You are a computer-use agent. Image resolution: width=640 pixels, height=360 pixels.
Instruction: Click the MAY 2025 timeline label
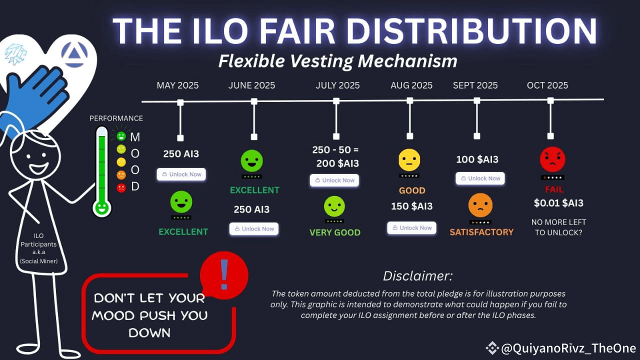point(177,85)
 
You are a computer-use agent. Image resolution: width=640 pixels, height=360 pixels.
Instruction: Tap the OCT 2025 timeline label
point(547,85)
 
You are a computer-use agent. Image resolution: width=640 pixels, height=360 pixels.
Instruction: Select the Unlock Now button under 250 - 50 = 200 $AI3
point(334,180)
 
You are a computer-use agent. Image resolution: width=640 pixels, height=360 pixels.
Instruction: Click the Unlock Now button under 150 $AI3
point(411,228)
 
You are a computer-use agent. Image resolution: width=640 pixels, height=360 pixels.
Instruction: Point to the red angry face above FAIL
point(552,159)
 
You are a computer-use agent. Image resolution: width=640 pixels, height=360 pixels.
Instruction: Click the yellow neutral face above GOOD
point(409,160)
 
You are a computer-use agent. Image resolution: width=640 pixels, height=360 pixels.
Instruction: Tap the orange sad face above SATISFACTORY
point(480,205)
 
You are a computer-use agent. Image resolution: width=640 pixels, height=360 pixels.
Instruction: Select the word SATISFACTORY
point(481,232)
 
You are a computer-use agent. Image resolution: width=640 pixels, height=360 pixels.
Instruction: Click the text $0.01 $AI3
point(558,203)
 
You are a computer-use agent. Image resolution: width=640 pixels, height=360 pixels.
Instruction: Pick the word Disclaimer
point(417,276)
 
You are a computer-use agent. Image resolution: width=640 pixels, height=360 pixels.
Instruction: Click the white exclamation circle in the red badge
point(224,274)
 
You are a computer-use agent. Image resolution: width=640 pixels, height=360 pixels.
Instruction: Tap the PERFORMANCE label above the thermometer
point(116,118)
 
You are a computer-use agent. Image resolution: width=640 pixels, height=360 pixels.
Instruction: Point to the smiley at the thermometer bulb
point(102,207)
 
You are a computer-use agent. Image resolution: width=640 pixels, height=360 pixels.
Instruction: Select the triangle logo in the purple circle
point(74,54)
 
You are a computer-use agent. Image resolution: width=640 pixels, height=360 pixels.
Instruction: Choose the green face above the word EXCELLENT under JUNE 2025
point(252,161)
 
